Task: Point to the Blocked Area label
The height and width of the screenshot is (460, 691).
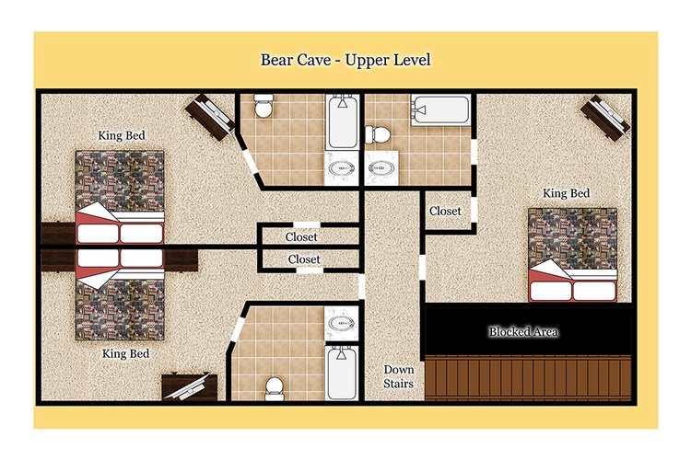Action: (x=523, y=331)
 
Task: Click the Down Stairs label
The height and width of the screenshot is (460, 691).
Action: (x=398, y=376)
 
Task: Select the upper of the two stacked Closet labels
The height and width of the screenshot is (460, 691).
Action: (x=301, y=236)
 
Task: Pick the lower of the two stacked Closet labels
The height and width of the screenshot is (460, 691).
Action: (x=304, y=259)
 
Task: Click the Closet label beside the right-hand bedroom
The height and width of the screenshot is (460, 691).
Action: (x=445, y=211)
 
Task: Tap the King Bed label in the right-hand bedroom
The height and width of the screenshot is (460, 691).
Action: (x=567, y=193)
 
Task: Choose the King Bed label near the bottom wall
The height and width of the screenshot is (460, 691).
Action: (x=125, y=353)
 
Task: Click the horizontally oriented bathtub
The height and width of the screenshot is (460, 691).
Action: (x=439, y=110)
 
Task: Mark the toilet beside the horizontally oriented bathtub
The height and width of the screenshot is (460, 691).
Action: (x=378, y=134)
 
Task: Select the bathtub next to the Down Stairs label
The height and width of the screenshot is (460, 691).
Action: (x=342, y=373)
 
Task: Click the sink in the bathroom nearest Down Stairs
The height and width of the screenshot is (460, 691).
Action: (x=342, y=324)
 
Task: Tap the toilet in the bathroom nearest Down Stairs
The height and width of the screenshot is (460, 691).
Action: (x=275, y=388)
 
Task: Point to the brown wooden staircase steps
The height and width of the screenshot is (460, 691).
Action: (x=528, y=378)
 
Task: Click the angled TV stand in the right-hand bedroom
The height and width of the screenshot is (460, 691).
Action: (x=604, y=118)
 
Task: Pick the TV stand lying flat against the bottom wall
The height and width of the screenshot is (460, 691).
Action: (x=190, y=387)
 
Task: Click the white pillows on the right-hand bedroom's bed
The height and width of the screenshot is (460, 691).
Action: (x=572, y=291)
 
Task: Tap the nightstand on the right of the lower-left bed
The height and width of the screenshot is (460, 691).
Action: (x=181, y=260)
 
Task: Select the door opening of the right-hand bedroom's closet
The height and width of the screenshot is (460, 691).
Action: (x=474, y=210)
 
